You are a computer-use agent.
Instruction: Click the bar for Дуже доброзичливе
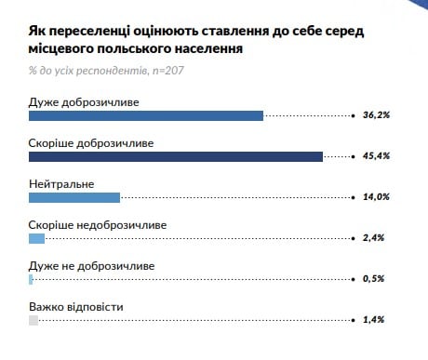coord(146,116)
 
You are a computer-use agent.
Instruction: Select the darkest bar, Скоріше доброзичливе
coord(176,156)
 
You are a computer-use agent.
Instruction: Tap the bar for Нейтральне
coord(74,197)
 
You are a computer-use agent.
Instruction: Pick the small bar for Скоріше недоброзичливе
coord(37,238)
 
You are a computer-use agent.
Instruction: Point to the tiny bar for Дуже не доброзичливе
coord(31,279)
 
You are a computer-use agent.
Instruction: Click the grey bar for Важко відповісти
coord(33,320)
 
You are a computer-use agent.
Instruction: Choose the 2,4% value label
coord(374,238)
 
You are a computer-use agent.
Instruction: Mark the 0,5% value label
coord(374,279)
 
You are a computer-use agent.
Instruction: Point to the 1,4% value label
coord(374,320)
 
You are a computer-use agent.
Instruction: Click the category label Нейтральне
coord(62,184)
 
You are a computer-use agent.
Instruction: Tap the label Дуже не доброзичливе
coord(92,266)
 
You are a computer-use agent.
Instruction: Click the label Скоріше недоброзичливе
coord(99,225)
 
